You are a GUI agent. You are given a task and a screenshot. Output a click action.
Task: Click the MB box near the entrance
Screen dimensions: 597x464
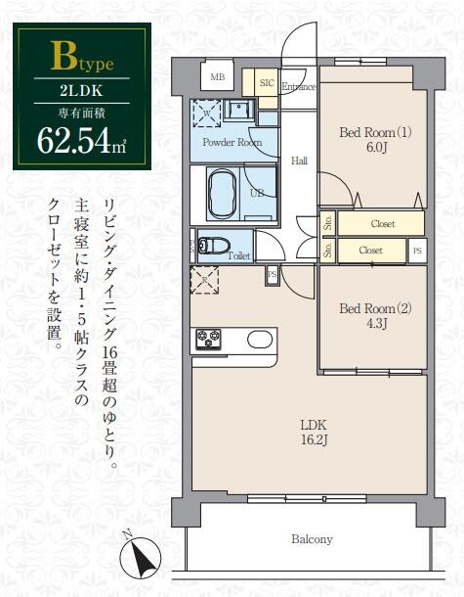coord(216,77)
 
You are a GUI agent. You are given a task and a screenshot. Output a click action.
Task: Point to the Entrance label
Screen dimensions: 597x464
coord(299,86)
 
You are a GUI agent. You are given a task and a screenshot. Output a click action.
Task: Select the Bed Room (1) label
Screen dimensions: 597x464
coord(374,132)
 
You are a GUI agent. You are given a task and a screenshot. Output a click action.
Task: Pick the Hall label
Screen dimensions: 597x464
coord(300,161)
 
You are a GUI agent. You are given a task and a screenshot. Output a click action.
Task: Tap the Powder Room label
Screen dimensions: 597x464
coord(232,142)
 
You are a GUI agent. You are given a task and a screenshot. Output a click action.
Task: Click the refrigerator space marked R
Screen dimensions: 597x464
coord(204,279)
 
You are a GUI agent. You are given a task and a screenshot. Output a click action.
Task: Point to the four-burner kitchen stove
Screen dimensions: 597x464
coord(209,340)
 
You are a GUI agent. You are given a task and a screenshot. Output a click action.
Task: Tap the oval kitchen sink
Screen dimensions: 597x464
coord(260,340)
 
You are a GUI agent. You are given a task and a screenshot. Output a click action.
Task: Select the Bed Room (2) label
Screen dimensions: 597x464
coord(374,308)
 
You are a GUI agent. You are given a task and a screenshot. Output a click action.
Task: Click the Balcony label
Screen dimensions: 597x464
coord(312,539)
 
